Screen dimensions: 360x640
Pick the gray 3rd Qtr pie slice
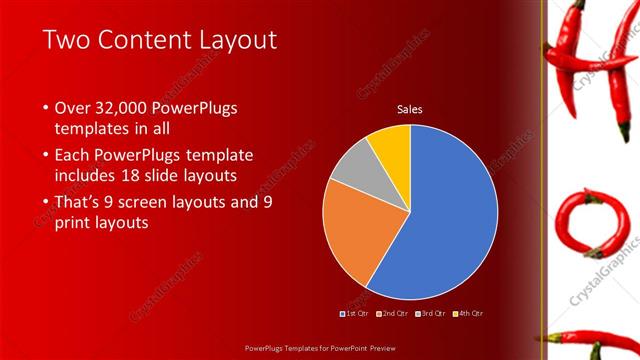click(349, 167)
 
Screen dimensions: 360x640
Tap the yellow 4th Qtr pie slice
click(391, 145)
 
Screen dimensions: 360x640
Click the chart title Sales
click(410, 108)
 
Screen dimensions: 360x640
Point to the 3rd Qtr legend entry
click(431, 314)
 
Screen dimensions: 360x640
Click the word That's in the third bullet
click(82, 202)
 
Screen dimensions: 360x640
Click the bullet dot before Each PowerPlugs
click(46, 156)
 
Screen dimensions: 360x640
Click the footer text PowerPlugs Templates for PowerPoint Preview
click(319, 349)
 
